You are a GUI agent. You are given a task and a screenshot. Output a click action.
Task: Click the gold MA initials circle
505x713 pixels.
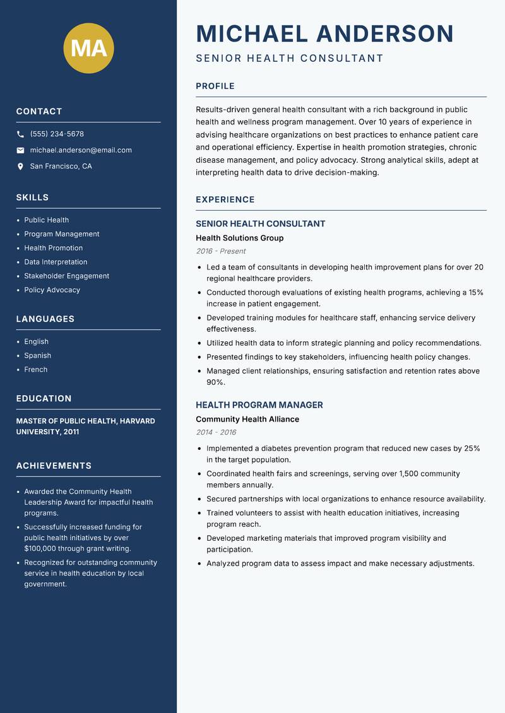click(89, 48)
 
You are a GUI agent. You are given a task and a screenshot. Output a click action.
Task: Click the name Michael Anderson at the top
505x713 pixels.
click(325, 33)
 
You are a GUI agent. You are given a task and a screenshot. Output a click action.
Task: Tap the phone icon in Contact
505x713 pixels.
click(20, 134)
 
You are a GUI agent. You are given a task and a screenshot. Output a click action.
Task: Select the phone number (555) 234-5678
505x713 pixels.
click(57, 134)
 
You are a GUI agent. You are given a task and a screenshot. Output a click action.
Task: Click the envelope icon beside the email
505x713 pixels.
click(20, 150)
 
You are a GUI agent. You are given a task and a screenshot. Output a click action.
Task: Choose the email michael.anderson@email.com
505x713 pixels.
click(81, 150)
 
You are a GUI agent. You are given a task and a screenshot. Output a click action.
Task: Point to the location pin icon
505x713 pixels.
click(20, 167)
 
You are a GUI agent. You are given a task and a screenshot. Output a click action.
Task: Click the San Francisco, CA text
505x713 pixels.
click(61, 167)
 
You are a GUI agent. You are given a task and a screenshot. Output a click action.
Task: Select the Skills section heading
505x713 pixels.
click(32, 197)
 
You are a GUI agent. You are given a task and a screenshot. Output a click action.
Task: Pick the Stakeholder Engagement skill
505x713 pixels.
click(66, 276)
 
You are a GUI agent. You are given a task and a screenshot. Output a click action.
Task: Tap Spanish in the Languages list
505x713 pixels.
click(37, 355)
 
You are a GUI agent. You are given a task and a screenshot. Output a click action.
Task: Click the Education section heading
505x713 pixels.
click(44, 399)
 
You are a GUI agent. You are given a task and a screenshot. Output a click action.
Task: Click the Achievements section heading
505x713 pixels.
click(54, 466)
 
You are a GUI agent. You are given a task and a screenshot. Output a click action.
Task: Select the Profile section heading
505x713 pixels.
click(215, 86)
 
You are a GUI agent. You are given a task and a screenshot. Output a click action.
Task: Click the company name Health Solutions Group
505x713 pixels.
click(239, 238)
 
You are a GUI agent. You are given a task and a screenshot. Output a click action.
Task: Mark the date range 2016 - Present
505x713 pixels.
click(220, 251)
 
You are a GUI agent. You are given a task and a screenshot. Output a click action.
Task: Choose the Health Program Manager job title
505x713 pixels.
click(259, 405)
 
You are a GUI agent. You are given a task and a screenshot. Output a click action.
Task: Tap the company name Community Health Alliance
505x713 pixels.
click(247, 419)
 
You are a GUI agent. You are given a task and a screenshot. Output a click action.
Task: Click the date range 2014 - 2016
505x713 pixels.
click(216, 432)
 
